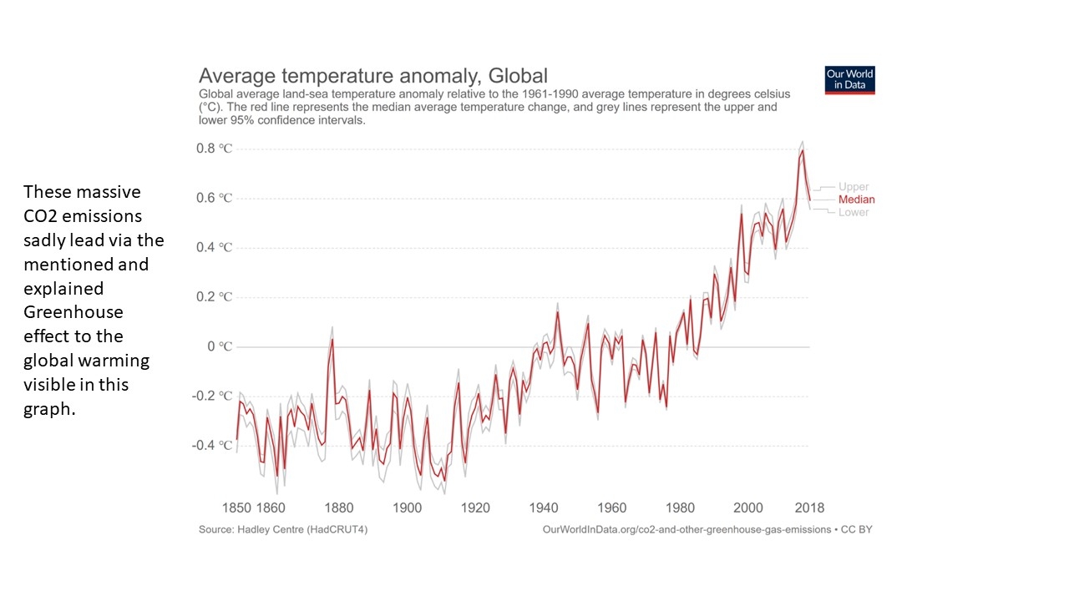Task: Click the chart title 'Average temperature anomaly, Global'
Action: [372, 76]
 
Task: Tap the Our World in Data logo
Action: [849, 80]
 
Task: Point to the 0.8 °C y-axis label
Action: [214, 149]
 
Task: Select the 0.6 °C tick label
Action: [214, 198]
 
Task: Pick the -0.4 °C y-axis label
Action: [212, 445]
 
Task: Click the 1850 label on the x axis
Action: [236, 508]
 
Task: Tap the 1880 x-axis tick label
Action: [338, 508]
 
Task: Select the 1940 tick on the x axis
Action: [544, 508]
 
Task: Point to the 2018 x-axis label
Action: [809, 508]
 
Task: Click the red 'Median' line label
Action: [857, 199]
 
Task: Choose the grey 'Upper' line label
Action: [854, 187]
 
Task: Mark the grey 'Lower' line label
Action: [854, 212]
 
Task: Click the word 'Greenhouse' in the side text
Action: [73, 312]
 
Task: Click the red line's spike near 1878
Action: [332, 339]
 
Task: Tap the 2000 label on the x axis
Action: [748, 508]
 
